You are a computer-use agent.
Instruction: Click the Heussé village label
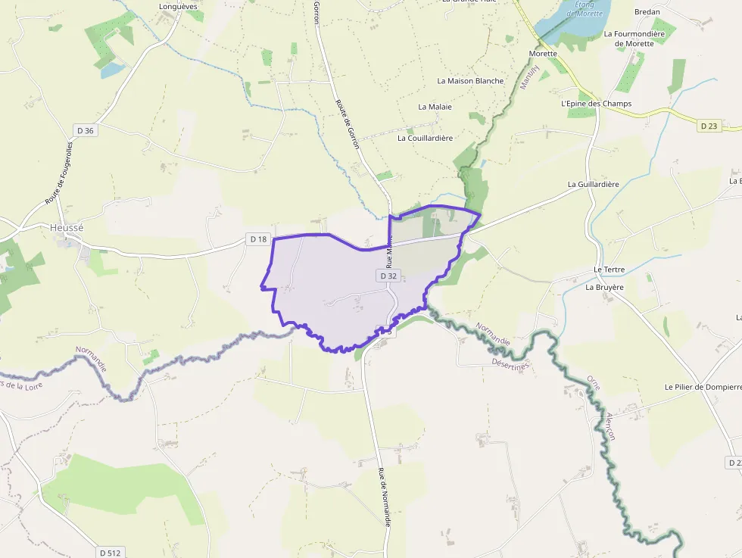click(66, 227)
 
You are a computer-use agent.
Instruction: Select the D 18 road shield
click(258, 239)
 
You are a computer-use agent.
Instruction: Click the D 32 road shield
click(388, 276)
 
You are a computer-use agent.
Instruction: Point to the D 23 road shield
click(709, 126)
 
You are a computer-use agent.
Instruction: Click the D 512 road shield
click(110, 553)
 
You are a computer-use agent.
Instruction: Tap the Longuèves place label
click(178, 6)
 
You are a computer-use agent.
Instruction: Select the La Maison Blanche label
click(470, 80)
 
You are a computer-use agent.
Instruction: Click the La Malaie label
click(435, 107)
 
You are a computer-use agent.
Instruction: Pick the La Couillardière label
click(425, 138)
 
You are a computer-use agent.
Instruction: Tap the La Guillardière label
click(594, 184)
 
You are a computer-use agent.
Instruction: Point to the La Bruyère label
click(604, 287)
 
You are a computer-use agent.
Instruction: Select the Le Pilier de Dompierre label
click(702, 386)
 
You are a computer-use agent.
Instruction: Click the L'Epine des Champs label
click(596, 103)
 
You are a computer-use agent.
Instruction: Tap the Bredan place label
click(647, 12)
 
